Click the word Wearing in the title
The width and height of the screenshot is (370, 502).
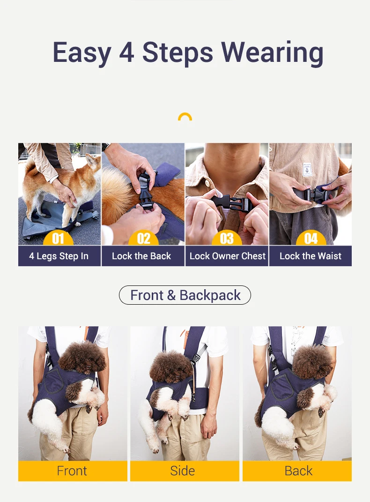(272, 53)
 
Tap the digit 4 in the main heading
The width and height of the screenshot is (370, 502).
(126, 52)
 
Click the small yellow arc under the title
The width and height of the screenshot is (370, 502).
(185, 117)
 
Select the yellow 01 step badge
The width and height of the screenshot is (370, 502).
(58, 238)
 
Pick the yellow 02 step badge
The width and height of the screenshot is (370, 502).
(143, 238)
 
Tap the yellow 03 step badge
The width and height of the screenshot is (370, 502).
(227, 238)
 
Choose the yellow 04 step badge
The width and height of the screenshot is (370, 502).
(311, 238)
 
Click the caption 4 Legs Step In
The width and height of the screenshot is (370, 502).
(59, 256)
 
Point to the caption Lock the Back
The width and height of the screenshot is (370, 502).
(141, 256)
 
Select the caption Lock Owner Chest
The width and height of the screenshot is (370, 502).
(227, 256)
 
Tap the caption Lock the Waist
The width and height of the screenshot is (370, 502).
(311, 256)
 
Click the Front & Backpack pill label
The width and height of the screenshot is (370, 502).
(185, 295)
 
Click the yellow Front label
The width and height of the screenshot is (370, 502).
(73, 471)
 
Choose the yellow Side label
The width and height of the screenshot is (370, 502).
(185, 471)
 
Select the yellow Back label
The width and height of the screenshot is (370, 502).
(297, 471)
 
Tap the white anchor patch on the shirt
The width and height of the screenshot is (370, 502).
(307, 169)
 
